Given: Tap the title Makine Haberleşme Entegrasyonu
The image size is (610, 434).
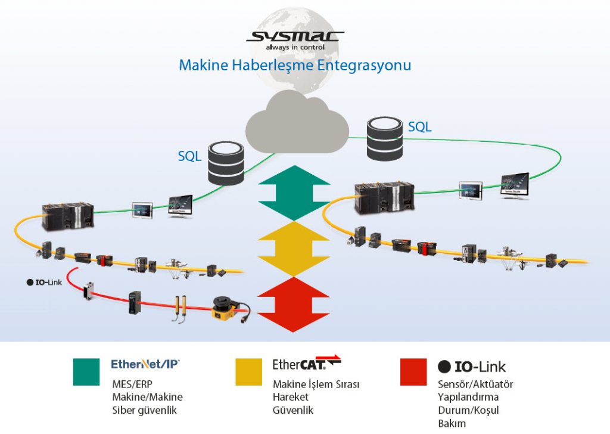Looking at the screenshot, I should (x=295, y=64).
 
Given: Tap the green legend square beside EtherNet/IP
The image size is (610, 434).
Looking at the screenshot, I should (x=86, y=372).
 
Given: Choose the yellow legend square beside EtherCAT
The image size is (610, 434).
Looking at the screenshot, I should (x=248, y=372).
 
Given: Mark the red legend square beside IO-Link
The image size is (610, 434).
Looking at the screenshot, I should (x=413, y=372).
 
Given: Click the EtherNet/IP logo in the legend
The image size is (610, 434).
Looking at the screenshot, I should (x=145, y=363).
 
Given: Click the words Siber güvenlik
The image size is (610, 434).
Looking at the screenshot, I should (x=145, y=410).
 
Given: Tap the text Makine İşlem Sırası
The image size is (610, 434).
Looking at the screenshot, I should (x=316, y=384).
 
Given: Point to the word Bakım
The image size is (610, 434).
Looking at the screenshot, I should (x=452, y=424).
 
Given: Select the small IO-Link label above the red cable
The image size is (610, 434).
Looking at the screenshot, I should (x=45, y=282).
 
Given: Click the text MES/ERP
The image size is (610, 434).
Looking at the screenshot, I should (x=129, y=384).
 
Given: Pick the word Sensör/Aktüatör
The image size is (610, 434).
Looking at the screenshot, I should (x=475, y=384).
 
